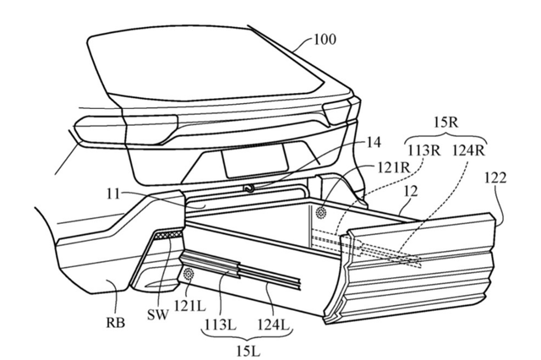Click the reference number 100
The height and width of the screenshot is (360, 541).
pyautogui.click(x=325, y=40)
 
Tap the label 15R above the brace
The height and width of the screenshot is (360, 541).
pyautogui.click(x=445, y=122)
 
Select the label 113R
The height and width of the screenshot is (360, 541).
pyautogui.click(x=424, y=150)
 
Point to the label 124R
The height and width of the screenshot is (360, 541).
pyautogui.click(x=469, y=150)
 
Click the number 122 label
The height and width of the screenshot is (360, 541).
pyautogui.click(x=496, y=178)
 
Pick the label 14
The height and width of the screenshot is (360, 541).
pyautogui.click(x=373, y=142)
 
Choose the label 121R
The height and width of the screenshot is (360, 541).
pyautogui.click(x=393, y=168)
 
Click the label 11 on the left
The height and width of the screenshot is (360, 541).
pyautogui.click(x=113, y=194)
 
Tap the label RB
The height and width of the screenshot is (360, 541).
pyautogui.click(x=116, y=323)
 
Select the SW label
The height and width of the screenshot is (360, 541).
pyautogui.click(x=158, y=314)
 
